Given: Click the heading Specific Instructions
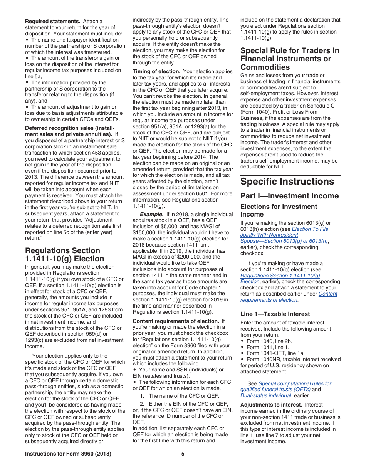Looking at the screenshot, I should point(287,182).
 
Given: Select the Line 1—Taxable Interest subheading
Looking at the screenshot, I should point(275,314).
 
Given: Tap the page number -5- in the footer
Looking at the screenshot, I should point(183,454).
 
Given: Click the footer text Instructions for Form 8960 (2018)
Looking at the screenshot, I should point(68,454).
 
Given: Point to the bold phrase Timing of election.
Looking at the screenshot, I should point(156,72).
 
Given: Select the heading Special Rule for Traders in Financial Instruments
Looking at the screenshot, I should point(290,59).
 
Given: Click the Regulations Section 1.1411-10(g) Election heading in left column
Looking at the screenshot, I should point(64,255).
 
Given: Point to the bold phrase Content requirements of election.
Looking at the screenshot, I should point(176,321).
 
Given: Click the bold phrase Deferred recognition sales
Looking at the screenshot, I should point(69,128).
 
